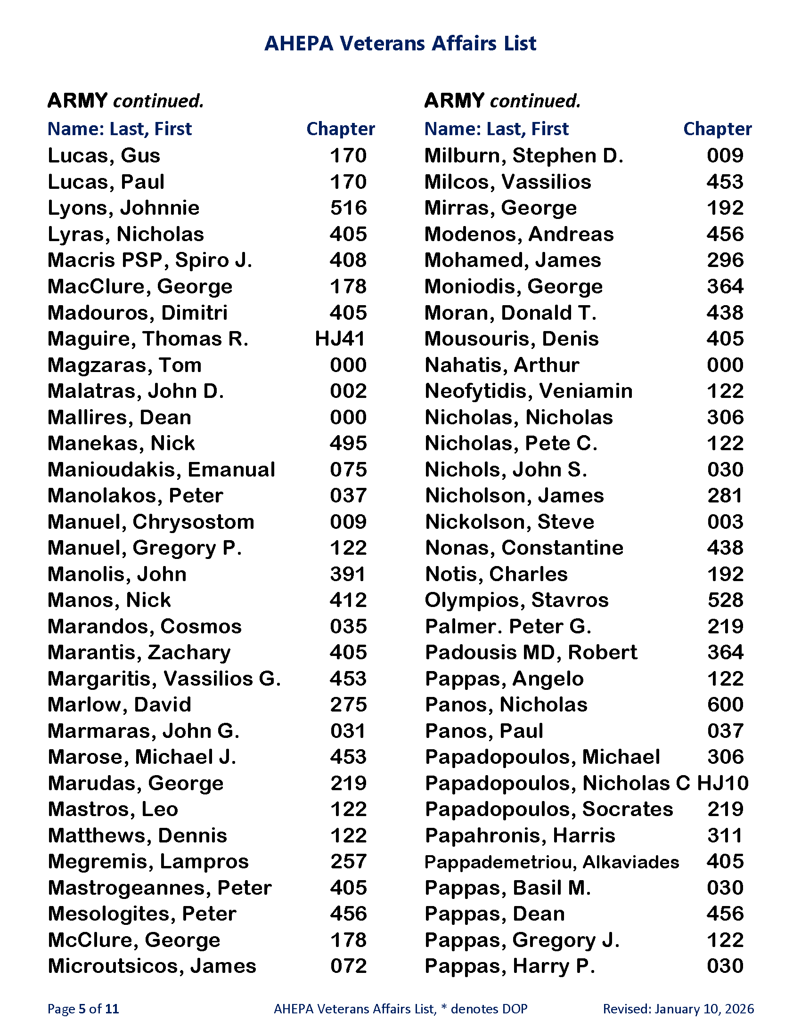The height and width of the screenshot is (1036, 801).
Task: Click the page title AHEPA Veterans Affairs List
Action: coord(400,43)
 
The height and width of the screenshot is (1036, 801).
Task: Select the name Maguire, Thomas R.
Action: coord(147,339)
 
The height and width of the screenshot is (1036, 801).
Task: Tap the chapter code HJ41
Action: coord(340,339)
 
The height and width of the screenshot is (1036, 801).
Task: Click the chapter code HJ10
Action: coord(722,783)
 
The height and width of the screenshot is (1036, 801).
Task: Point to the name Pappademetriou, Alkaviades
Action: coord(551,862)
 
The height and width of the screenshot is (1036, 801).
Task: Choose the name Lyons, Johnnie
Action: coord(123,208)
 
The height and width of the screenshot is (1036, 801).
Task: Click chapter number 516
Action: coord(348,208)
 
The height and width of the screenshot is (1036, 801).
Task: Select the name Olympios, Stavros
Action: coord(516,600)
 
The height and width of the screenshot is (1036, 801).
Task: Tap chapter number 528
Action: coord(725,600)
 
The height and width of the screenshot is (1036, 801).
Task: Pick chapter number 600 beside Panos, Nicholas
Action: coord(725,705)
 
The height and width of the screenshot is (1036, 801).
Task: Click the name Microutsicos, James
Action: coord(152,966)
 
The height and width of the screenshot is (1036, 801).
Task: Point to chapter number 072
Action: coord(348,966)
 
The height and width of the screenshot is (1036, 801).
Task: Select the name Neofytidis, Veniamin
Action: coord(529,391)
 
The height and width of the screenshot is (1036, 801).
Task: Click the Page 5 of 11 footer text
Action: coord(83,1009)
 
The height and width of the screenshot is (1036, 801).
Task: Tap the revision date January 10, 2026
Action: coord(704,1009)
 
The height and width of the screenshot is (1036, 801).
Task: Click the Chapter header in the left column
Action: coord(340,129)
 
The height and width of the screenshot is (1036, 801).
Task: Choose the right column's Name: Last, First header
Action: coord(496,129)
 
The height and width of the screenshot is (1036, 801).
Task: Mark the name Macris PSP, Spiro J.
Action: coord(149,260)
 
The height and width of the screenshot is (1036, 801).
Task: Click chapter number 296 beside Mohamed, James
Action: coord(725,260)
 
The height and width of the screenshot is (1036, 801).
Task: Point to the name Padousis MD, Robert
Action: coord(531,653)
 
